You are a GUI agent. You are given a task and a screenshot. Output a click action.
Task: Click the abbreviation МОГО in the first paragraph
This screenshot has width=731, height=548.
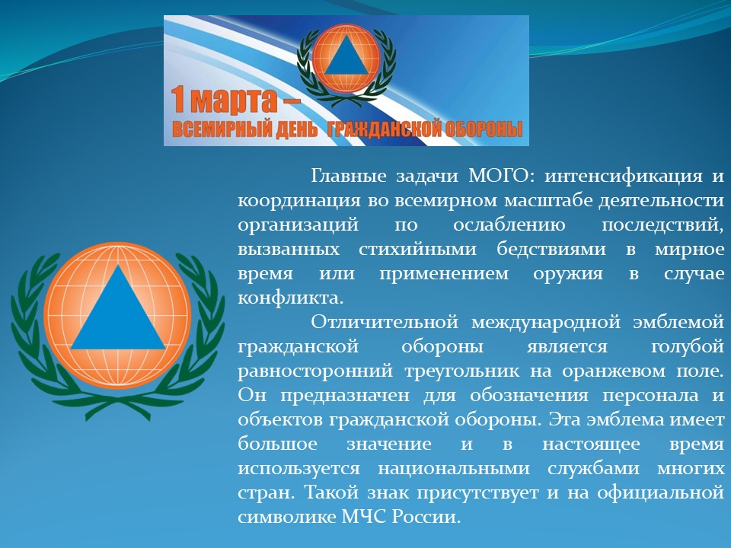[498, 176]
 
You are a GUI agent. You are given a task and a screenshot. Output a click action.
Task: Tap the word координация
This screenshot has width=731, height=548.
[298, 201]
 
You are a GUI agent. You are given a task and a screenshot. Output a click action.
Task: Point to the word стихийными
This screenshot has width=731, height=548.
[418, 250]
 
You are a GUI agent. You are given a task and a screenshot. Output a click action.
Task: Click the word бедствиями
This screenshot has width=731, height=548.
[551, 250]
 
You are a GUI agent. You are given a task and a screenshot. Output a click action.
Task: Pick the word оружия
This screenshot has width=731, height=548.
[568, 274]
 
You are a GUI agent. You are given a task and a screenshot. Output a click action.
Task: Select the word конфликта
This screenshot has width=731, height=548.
[290, 298]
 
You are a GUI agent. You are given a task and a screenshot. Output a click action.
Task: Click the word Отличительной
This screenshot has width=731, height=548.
[385, 322]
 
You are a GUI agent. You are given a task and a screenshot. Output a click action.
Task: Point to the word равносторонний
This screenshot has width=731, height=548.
[315, 371]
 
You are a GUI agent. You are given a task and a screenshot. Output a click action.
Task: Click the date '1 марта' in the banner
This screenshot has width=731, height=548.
[224, 100]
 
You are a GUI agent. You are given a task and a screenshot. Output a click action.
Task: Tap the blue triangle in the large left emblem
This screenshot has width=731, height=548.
[119, 307]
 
